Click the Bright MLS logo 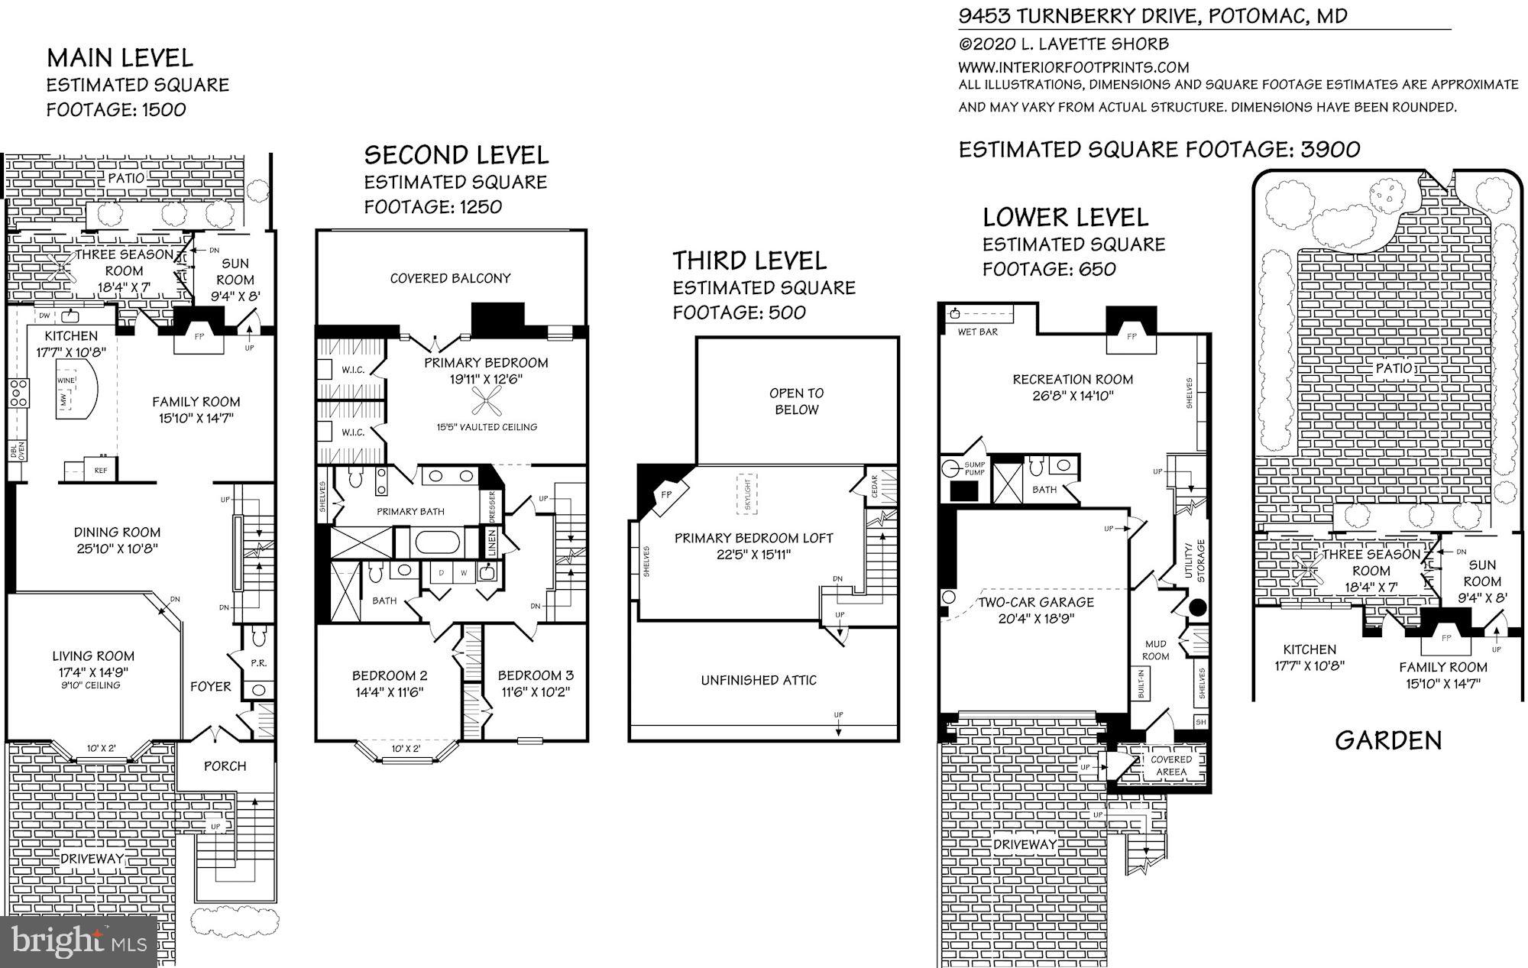[x=79, y=940]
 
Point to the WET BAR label [x=977, y=332]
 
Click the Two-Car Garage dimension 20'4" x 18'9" [x=1036, y=619]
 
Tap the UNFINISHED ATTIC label [x=759, y=680]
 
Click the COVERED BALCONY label [x=450, y=278]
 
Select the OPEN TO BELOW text [x=796, y=401]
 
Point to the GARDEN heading [x=1388, y=740]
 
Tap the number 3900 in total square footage [x=1330, y=149]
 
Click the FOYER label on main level [x=210, y=687]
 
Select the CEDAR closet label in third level [x=874, y=487]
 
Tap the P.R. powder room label [x=258, y=663]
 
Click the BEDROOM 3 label [x=535, y=675]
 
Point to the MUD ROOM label [x=1155, y=650]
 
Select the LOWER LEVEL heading [x=1065, y=218]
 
